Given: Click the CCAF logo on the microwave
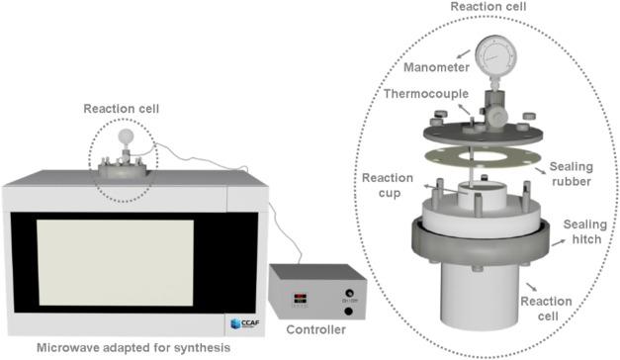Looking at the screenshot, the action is point(245,323).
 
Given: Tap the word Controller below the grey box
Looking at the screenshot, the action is point(315,329).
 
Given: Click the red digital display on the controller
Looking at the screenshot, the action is point(301,299).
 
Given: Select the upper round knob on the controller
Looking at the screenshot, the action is point(349,294).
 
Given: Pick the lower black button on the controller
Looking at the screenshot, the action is point(348,312).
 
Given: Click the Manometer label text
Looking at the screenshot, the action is point(436,67).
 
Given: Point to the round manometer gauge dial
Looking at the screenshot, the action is point(495,55).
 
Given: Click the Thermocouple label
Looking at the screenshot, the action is point(426,94).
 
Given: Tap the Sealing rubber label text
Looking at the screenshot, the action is point(572,174).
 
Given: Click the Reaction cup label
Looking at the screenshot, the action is point(388,186).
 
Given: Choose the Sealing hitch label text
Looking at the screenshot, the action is point(585,231).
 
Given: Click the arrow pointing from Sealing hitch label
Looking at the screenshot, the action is point(559,242).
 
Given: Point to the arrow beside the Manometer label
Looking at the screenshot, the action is point(464,54).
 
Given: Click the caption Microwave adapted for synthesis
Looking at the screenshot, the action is point(133,348).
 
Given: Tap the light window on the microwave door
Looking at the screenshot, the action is point(116,263).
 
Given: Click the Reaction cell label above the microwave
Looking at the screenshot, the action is point(122,109).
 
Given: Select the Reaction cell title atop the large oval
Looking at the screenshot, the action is point(488,6).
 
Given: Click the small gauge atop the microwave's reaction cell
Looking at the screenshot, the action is point(126,136).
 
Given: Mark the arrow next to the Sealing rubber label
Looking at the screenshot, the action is point(540,170).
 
